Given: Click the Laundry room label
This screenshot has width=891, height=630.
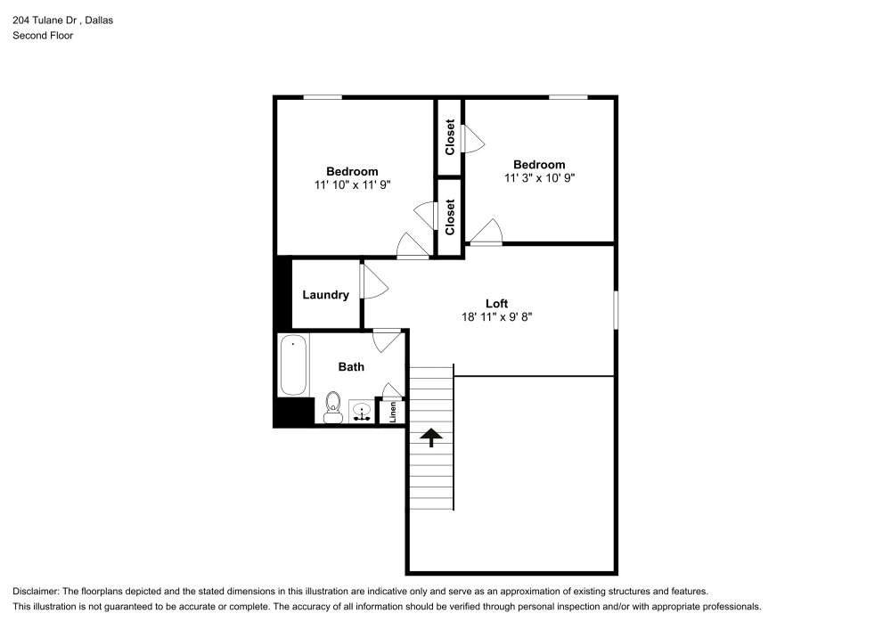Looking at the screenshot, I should point(325,295).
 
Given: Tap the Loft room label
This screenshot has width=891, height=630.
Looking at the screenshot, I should point(496,303).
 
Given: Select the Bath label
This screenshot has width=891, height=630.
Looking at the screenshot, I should point(351,366).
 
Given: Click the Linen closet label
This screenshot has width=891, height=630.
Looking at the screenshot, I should point(392,413).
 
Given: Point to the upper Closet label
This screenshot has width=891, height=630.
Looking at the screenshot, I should point(450,136).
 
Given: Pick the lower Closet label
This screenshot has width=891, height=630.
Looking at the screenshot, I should point(450,217).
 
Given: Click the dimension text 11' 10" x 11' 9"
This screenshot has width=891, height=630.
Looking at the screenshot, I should point(352,184).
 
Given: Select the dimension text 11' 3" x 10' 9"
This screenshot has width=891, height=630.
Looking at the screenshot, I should point(539,177).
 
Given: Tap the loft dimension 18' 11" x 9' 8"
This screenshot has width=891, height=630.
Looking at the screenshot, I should point(496,316).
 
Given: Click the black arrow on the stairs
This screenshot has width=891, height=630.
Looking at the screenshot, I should point(431,437).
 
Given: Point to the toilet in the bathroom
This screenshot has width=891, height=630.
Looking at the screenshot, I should point(333,407).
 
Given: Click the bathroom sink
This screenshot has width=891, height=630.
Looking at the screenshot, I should point(362,412).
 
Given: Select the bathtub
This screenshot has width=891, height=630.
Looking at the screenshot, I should point(294,364).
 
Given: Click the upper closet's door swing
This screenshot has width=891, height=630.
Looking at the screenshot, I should point(472,137).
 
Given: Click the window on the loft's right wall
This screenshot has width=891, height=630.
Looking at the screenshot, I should point(615,309).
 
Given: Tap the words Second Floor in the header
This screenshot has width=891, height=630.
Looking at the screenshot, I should point(43,36).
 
